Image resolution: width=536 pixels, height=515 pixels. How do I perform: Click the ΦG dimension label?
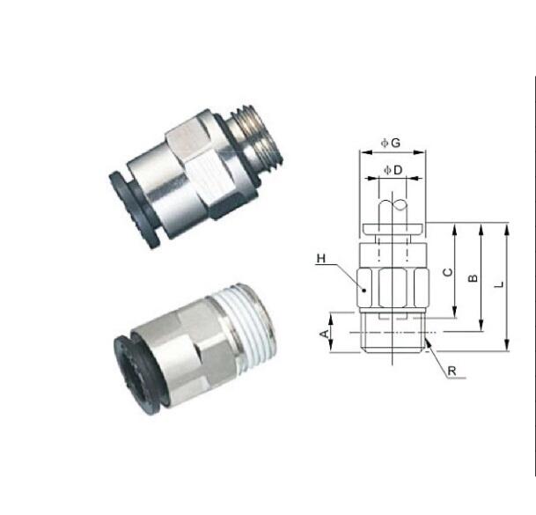click(391, 143)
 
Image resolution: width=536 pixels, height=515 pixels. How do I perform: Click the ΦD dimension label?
click(393, 170)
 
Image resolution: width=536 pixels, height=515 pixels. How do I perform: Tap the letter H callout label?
click(321, 259)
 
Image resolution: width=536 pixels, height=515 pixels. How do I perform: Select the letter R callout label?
click(452, 371)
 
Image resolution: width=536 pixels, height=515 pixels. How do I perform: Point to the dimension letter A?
click(325, 333)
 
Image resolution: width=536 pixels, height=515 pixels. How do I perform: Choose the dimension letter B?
click(473, 278)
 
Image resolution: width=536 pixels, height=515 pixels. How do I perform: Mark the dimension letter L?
click(499, 284)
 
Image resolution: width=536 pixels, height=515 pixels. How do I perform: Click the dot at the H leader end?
click(364, 291)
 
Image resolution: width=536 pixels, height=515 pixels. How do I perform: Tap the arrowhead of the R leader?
click(427, 342)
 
